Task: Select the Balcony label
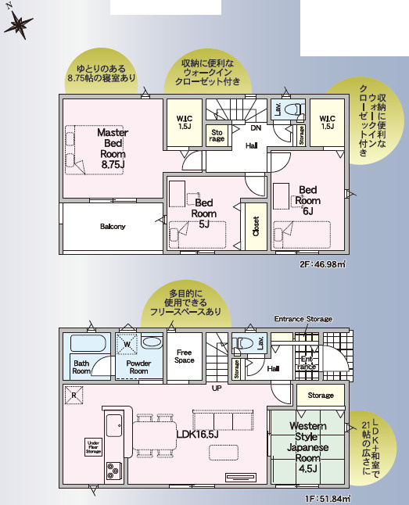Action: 113,227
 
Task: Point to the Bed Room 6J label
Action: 307,200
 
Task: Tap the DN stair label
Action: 256,129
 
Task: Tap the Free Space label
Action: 185,356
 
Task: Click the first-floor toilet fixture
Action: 245,344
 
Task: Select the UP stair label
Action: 217,388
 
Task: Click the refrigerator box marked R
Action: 73,396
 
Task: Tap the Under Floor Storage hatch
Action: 93,446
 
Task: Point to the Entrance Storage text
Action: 303,319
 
